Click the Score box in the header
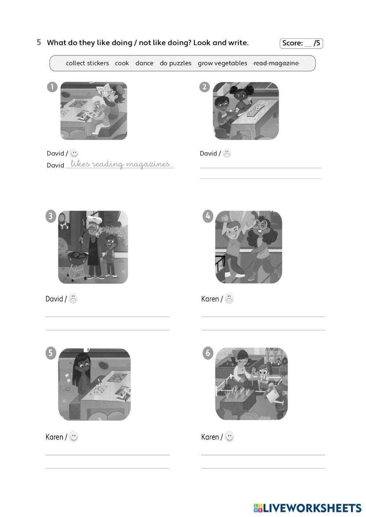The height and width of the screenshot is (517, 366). point(301,43)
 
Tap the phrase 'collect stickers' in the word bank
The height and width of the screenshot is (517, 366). point(87,63)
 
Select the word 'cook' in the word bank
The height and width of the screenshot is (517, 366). point(122,63)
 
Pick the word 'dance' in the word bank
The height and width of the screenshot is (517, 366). point(145,63)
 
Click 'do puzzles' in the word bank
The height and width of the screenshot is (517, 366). point(176,63)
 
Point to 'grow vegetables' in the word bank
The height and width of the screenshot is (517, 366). point(223,63)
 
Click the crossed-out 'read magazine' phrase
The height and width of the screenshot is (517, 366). point(276,63)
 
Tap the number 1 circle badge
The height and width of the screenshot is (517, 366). point(52,87)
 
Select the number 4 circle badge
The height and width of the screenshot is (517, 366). point(208,216)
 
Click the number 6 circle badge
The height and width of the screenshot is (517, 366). point(208,353)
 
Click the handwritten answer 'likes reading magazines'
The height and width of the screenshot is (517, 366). point(121,164)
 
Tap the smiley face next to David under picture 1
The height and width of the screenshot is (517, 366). point(74,153)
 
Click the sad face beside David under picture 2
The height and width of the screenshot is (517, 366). point(227,154)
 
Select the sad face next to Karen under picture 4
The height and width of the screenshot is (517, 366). point(229,299)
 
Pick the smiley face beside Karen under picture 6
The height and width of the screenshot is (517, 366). point(229,437)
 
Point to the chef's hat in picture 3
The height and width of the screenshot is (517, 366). point(95,219)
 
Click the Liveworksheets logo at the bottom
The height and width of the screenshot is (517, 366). point(307,508)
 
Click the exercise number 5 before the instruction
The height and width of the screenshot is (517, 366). point(39,42)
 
